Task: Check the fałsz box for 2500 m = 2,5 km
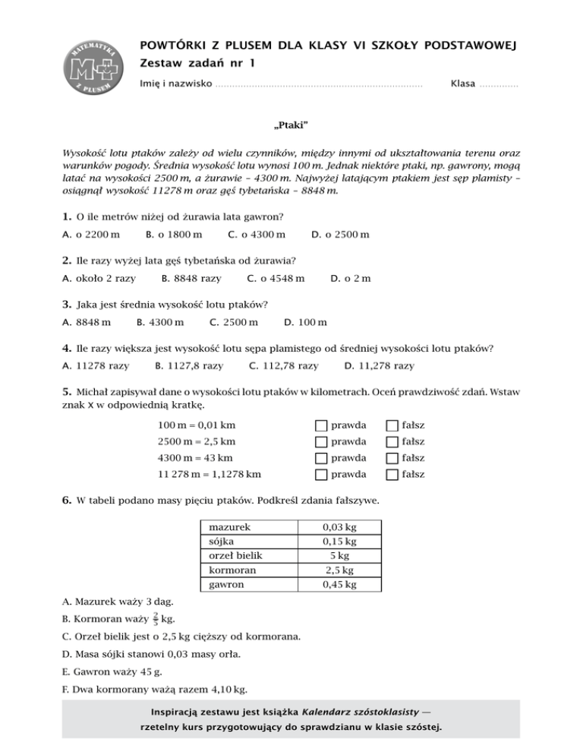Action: [392, 442]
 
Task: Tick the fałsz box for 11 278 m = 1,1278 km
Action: [392, 475]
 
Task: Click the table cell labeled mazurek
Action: [230, 526]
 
